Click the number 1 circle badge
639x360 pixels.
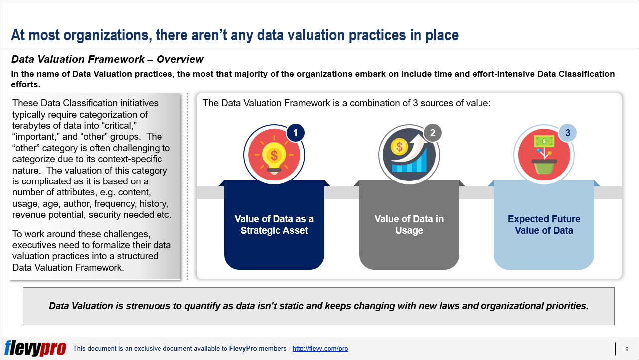295,133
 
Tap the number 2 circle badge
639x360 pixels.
432,133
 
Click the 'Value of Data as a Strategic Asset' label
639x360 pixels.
274,225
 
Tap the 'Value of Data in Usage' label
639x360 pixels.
409,225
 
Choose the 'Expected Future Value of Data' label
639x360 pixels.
544,225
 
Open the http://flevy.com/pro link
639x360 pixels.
320,349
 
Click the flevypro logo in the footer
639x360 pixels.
35,348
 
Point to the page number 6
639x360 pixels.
626,349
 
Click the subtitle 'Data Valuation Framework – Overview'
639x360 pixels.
107,59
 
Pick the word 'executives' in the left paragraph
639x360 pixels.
34,245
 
